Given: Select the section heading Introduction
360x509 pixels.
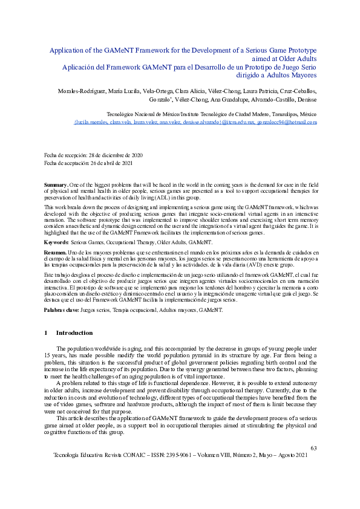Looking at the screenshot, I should point(74,333).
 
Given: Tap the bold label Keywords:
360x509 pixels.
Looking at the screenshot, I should point(57,242).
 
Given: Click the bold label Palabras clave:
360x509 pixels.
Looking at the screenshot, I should point(62,310).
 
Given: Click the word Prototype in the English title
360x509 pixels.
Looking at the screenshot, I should point(296,51).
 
